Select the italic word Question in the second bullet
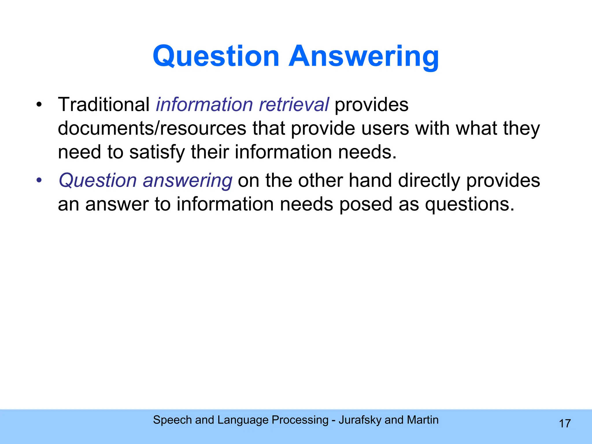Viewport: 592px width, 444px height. pyautogui.click(x=98, y=181)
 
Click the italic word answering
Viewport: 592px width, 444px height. pyautogui.click(x=188, y=181)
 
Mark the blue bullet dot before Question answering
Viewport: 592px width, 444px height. pyautogui.click(x=39, y=180)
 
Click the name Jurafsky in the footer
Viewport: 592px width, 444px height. pyautogui.click(x=360, y=420)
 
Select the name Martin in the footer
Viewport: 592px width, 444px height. pyautogui.click(x=423, y=420)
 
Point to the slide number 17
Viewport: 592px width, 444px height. pyautogui.click(x=565, y=424)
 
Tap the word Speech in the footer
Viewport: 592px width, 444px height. pyautogui.click(x=172, y=420)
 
